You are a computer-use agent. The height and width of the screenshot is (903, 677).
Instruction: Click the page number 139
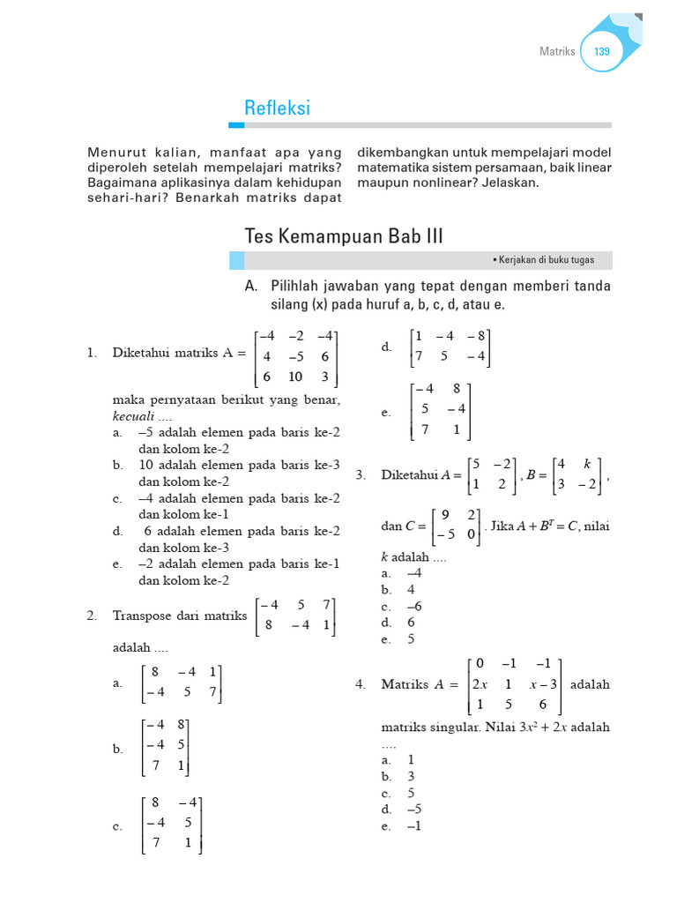(602, 52)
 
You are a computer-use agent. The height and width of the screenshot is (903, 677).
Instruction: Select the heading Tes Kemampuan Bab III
(344, 236)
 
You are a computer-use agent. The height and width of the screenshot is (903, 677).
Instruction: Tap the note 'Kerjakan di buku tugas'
(547, 260)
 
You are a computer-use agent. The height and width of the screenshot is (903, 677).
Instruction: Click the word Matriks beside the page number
(557, 52)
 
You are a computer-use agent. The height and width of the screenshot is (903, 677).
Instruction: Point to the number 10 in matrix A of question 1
(294, 377)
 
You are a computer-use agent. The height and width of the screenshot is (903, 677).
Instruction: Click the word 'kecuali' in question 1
(132, 415)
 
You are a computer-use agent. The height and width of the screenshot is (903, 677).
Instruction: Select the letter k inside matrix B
(586, 463)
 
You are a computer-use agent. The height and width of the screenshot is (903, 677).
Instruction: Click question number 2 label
(91, 616)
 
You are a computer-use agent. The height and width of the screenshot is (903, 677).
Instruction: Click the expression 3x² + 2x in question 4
(531, 728)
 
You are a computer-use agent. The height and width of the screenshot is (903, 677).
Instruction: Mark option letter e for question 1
(117, 564)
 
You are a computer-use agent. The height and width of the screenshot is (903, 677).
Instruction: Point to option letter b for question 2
(117, 749)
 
